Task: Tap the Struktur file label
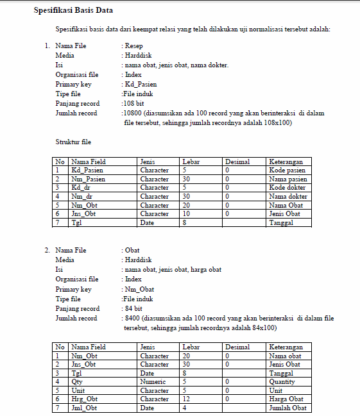[74, 142]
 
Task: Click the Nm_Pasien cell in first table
[88, 179]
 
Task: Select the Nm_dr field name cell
[82, 196]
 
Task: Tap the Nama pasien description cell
[288, 179]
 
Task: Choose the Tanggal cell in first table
[282, 222]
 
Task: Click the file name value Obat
[132, 250]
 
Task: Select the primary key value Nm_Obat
[139, 289]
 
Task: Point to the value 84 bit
[134, 308]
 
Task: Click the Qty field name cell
[78, 381]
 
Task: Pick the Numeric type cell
[154, 381]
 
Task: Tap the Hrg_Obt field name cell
[85, 399]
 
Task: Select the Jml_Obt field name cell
[84, 408]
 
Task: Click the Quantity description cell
[283, 381]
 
